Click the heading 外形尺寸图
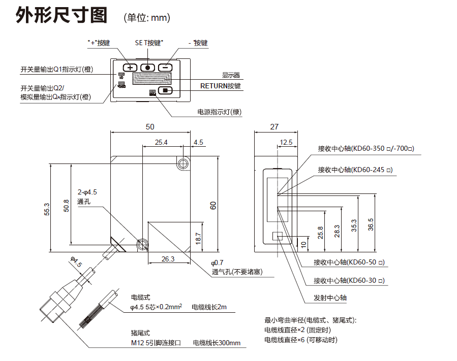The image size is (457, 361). point(62,16)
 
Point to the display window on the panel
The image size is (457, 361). point(150,79)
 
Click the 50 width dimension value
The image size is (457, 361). point(149,127)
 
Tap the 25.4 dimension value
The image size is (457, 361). point(162,143)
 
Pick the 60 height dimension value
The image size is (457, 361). point(214,205)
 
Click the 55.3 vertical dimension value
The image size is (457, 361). point(47,208)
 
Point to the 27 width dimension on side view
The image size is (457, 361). point(274,127)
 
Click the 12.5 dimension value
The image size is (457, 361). point(286,143)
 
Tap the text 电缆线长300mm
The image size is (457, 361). point(217,343)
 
